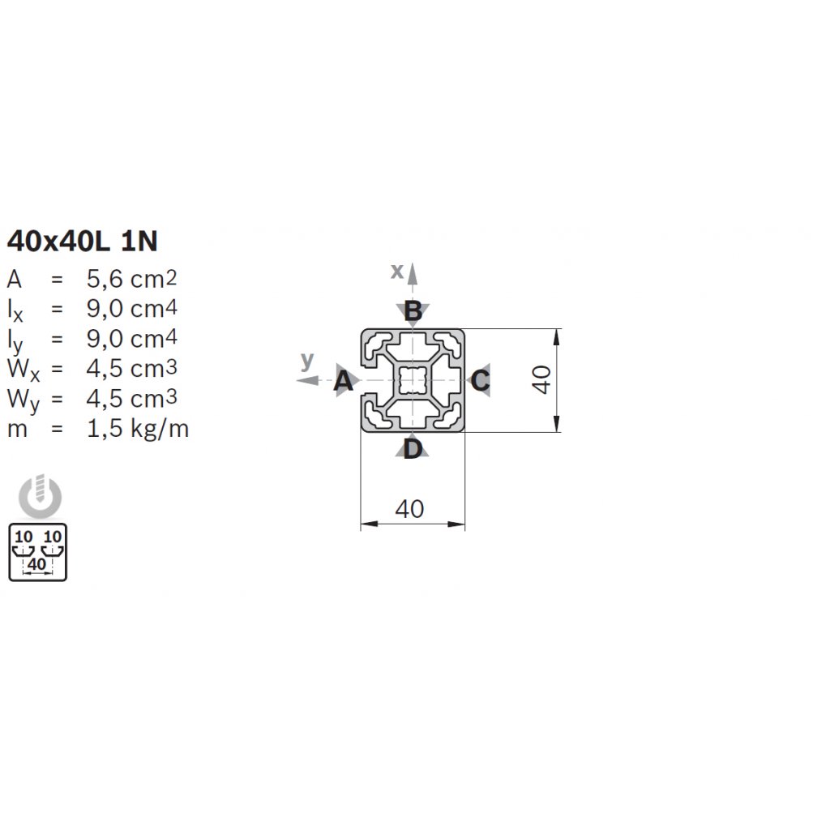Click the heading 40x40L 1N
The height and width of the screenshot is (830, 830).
point(83,242)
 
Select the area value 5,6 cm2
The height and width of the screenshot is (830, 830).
point(132,279)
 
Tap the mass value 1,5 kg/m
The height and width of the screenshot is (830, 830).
point(138,428)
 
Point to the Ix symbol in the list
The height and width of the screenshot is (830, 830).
point(15,310)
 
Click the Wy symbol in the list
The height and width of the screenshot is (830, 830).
point(24,400)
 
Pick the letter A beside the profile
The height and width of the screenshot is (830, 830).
point(343,381)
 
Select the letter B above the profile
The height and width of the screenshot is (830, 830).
point(413,310)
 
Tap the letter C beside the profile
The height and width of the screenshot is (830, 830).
point(480,381)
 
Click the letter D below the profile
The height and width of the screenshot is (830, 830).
point(413,449)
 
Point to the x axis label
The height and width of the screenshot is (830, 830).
point(397,271)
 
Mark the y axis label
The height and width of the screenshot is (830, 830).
point(307,361)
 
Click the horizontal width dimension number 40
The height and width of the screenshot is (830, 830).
point(409,509)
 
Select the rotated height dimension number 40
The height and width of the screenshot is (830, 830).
point(541,379)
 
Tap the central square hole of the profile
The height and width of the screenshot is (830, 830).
point(413,380)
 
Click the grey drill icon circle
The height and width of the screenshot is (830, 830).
point(41,497)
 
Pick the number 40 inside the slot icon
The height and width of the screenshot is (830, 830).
point(37,564)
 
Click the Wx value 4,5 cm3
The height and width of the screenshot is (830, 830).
point(132,369)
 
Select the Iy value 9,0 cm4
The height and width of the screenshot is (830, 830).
point(132,339)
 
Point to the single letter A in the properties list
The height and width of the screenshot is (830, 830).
point(15,280)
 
